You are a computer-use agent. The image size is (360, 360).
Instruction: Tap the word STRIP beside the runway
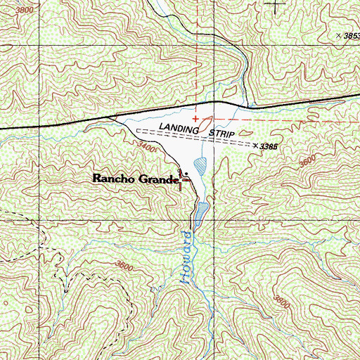(221, 133)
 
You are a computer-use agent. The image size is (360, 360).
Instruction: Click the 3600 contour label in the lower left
(124, 266)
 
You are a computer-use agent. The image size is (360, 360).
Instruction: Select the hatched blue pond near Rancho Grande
(200, 166)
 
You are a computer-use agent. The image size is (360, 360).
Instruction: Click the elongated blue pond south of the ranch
(202, 212)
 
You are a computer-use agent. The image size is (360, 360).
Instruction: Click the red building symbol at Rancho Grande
(186, 182)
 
